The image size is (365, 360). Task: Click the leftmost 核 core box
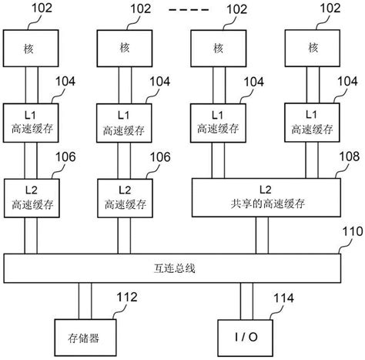31,48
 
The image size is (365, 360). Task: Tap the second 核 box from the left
125,48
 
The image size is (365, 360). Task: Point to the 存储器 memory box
82,336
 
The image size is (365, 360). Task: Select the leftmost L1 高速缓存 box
31,122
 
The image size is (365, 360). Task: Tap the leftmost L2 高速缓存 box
31,197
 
